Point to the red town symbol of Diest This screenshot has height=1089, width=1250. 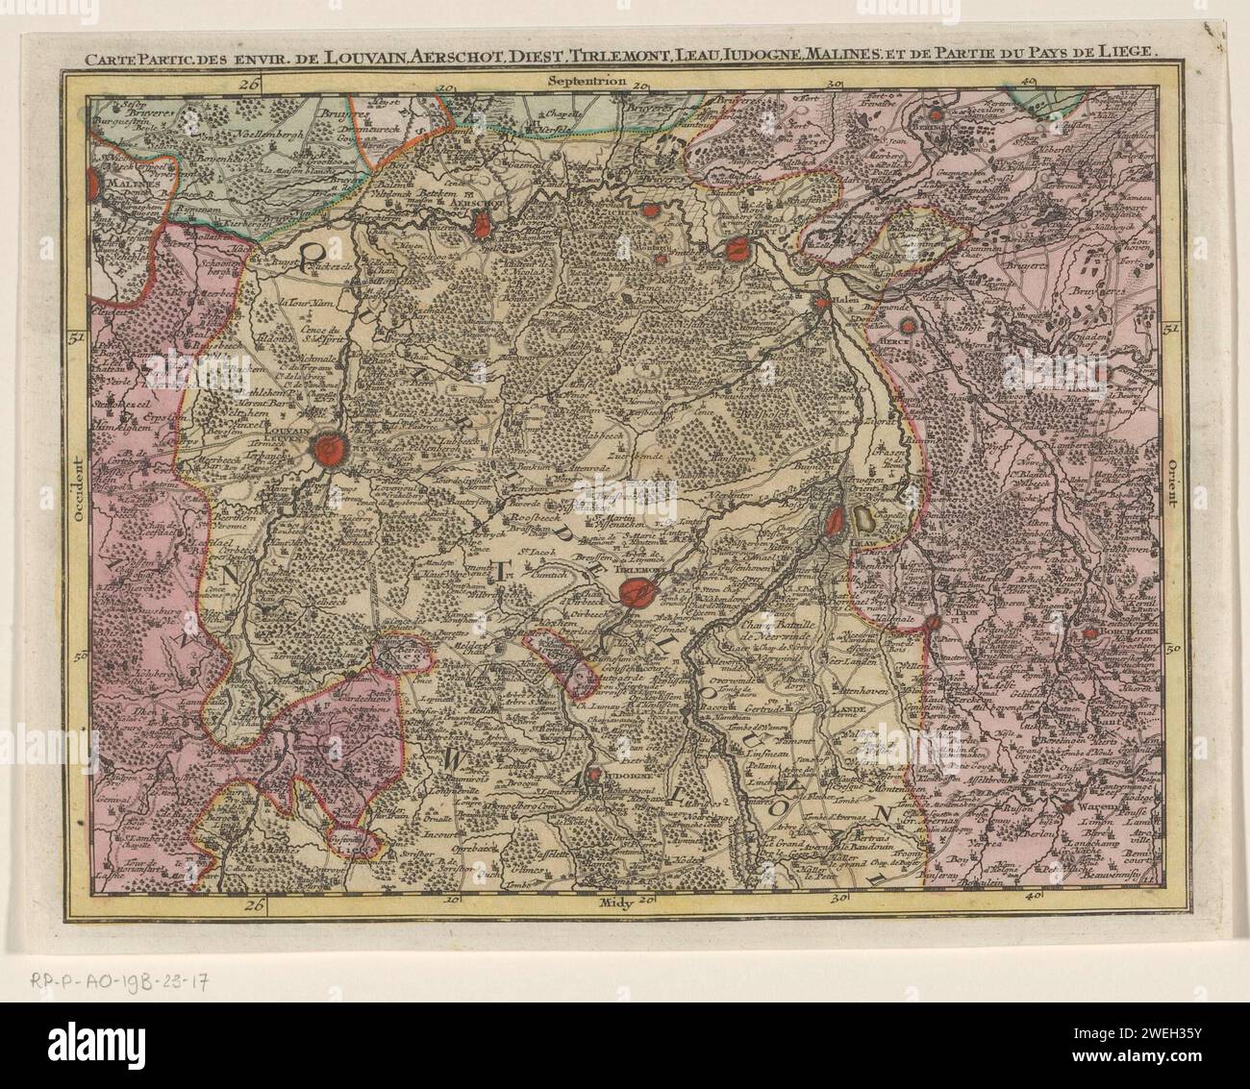click(737, 250)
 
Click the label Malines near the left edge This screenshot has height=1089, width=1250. click(113, 180)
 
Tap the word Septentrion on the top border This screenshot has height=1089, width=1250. click(587, 82)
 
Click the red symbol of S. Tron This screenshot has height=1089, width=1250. click(932, 623)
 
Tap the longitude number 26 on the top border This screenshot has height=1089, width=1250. click(251, 84)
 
